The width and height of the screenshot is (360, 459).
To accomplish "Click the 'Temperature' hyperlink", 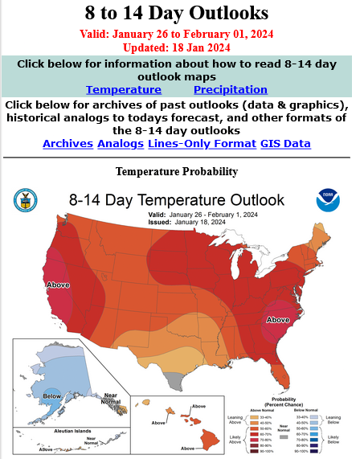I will tap(124, 90).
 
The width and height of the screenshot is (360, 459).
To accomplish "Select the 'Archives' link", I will tap(67, 144).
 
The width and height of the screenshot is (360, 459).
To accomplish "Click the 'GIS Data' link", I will tap(285, 144).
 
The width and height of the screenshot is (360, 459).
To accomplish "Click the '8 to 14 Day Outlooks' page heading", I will tap(176, 14).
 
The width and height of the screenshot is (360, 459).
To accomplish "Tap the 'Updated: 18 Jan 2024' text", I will tap(176, 47).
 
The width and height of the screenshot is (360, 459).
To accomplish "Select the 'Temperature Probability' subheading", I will tap(177, 171).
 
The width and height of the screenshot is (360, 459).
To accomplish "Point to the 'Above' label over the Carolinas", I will tap(277, 319).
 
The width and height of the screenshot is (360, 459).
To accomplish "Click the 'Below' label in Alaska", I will tap(51, 395).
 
